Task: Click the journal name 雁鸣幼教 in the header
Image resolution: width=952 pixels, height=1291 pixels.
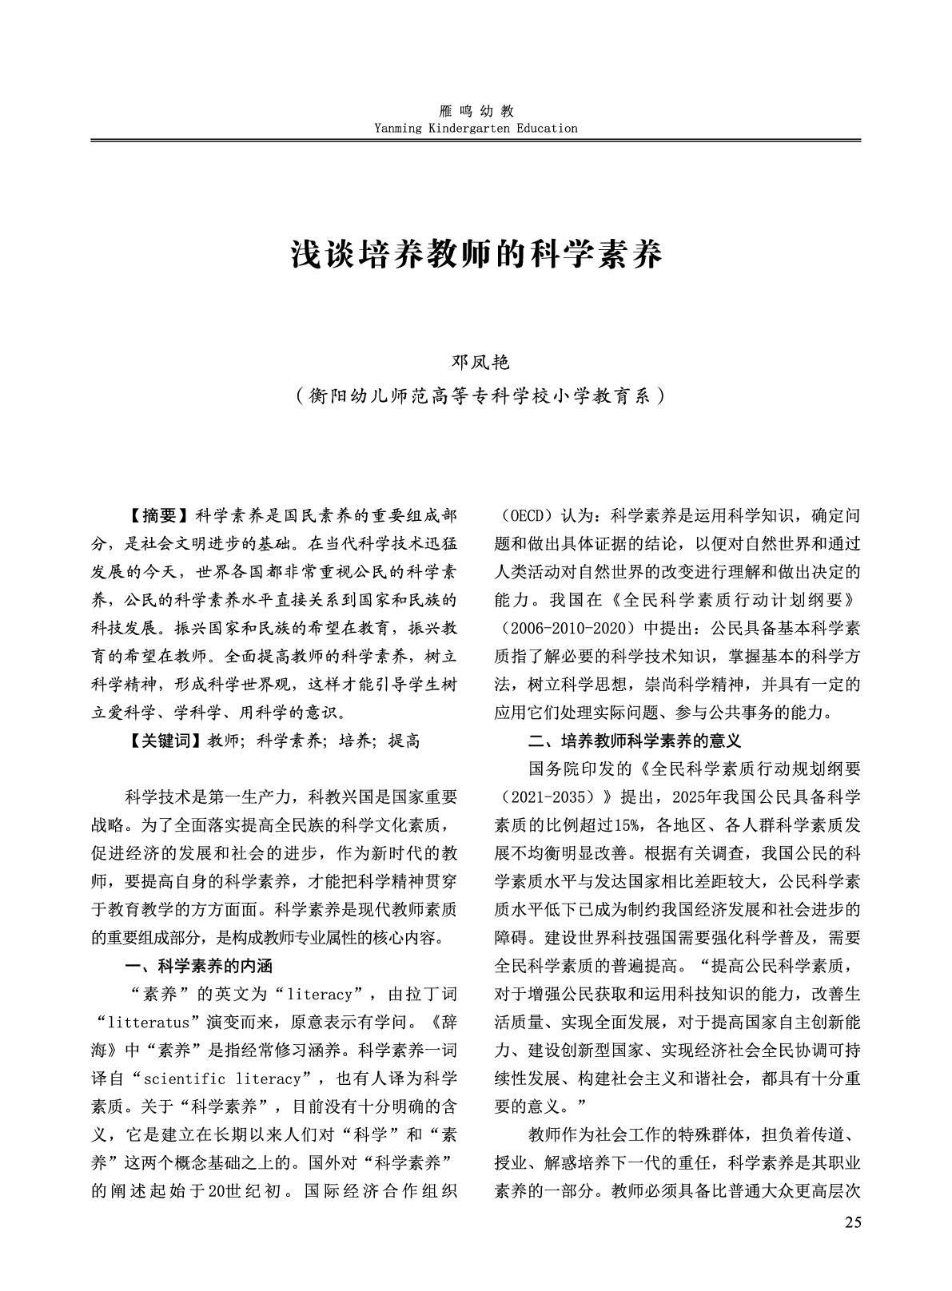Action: point(476,112)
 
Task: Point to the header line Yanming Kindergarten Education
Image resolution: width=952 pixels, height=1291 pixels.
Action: point(476,128)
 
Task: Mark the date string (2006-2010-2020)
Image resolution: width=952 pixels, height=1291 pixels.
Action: point(560,628)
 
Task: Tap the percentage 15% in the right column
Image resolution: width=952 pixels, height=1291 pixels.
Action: point(629,824)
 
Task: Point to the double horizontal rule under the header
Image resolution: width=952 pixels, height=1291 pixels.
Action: point(476,141)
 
